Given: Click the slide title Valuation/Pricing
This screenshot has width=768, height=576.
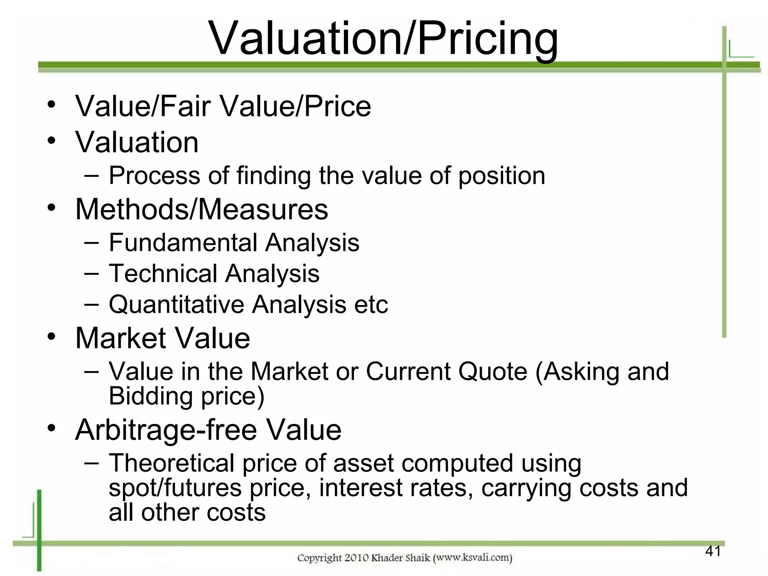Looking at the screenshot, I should pos(383,39).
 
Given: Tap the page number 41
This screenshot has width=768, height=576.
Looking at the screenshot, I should pos(713,551).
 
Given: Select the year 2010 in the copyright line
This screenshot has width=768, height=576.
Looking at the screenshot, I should pos(356,558).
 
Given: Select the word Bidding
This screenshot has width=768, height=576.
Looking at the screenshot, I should pos(151,396).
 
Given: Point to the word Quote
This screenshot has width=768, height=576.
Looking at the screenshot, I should pos(493,372).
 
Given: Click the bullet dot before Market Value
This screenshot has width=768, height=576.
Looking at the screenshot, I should pos(52,336).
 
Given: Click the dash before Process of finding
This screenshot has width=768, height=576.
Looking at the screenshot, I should pos(92,175).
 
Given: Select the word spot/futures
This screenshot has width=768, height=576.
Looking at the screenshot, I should pos(175,488).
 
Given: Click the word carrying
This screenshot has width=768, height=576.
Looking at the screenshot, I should pos(526,488).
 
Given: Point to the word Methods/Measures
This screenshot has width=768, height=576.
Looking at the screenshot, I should pos(202,209).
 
